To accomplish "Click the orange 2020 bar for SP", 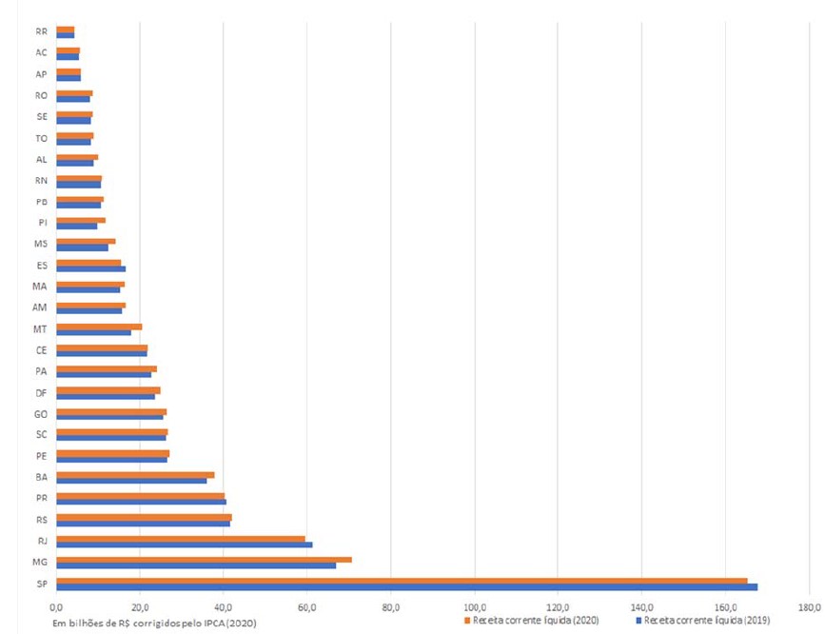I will coord(400,580).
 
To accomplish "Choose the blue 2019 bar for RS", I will coord(143,524).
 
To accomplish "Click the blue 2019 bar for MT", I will coord(93,332).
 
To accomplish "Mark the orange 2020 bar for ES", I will coord(88,262).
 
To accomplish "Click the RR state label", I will coord(41,31).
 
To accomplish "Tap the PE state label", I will coord(41,455).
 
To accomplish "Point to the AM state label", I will coord(41,307).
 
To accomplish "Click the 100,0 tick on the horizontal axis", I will coord(475,606).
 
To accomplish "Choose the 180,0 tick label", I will coord(809,606).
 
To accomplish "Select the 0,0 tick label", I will coord(56,606).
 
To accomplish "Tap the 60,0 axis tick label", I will coord(307,606).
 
